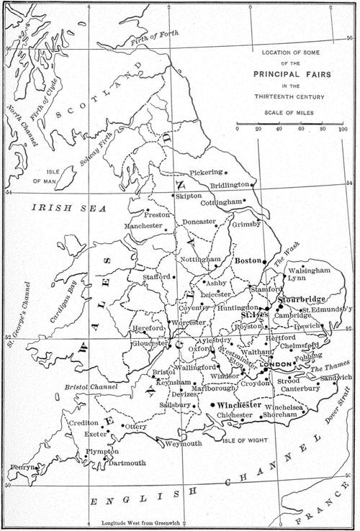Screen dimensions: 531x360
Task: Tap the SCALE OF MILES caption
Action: coord(292,112)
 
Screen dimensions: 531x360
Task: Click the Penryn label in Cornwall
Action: coord(22,468)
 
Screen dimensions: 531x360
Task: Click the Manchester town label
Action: coord(144,226)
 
